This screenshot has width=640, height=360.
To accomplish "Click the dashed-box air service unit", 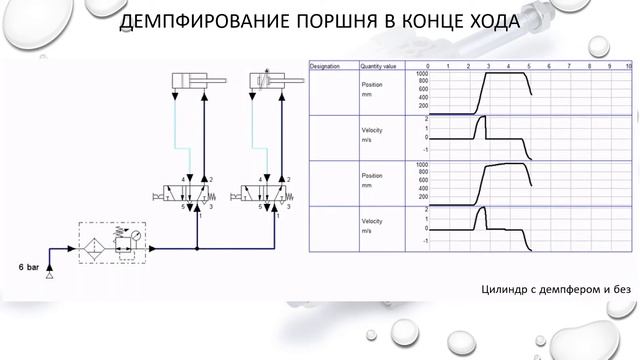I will [109, 244].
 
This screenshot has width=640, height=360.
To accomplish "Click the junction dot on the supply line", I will [198, 245].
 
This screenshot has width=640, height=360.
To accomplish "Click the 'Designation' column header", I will [326, 66].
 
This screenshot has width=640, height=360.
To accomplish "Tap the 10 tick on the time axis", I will [628, 66].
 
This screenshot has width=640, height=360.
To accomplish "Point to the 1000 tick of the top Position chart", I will [422, 73].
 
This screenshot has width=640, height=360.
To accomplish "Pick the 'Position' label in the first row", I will [371, 84].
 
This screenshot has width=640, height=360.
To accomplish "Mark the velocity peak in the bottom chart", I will [481, 209].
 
